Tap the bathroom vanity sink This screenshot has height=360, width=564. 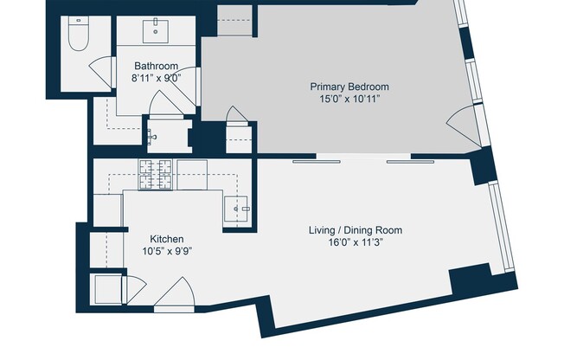tap(156, 30)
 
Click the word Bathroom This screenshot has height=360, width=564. tap(156, 66)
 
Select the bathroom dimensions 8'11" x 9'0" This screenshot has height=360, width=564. tap(156, 78)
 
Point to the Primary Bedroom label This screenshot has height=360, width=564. tap(349, 87)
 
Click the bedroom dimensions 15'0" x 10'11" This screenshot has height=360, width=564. tap(349, 100)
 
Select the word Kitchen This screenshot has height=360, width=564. tap(167, 239)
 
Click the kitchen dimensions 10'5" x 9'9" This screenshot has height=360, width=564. tap(167, 252)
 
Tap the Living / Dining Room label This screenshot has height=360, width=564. tap(356, 230)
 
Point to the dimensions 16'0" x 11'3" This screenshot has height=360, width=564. tap(356, 243)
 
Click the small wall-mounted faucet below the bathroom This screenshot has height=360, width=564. tap(152, 136)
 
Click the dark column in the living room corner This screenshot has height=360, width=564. tap(471, 282)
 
